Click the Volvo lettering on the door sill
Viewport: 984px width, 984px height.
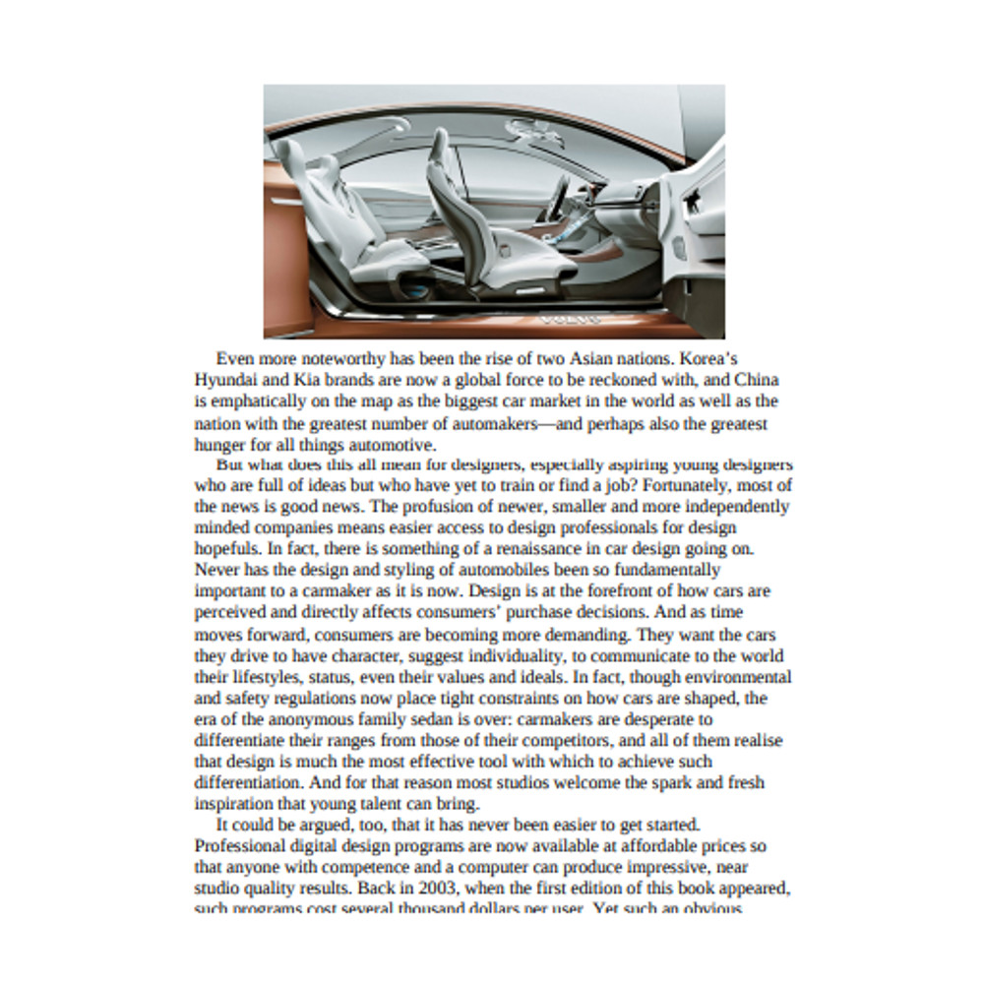(570, 320)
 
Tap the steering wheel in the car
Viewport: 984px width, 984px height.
(558, 197)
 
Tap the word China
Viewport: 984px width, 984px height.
(757, 380)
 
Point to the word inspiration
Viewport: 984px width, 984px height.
(233, 804)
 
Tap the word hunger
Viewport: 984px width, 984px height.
(218, 445)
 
